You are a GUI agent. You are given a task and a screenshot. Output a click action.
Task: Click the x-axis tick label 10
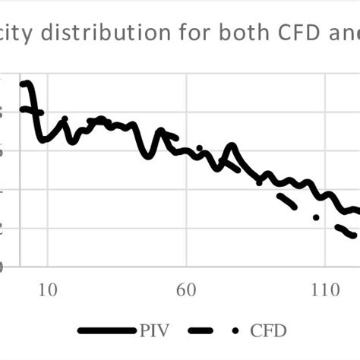(47, 290)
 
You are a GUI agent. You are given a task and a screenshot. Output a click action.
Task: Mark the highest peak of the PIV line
(25, 84)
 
